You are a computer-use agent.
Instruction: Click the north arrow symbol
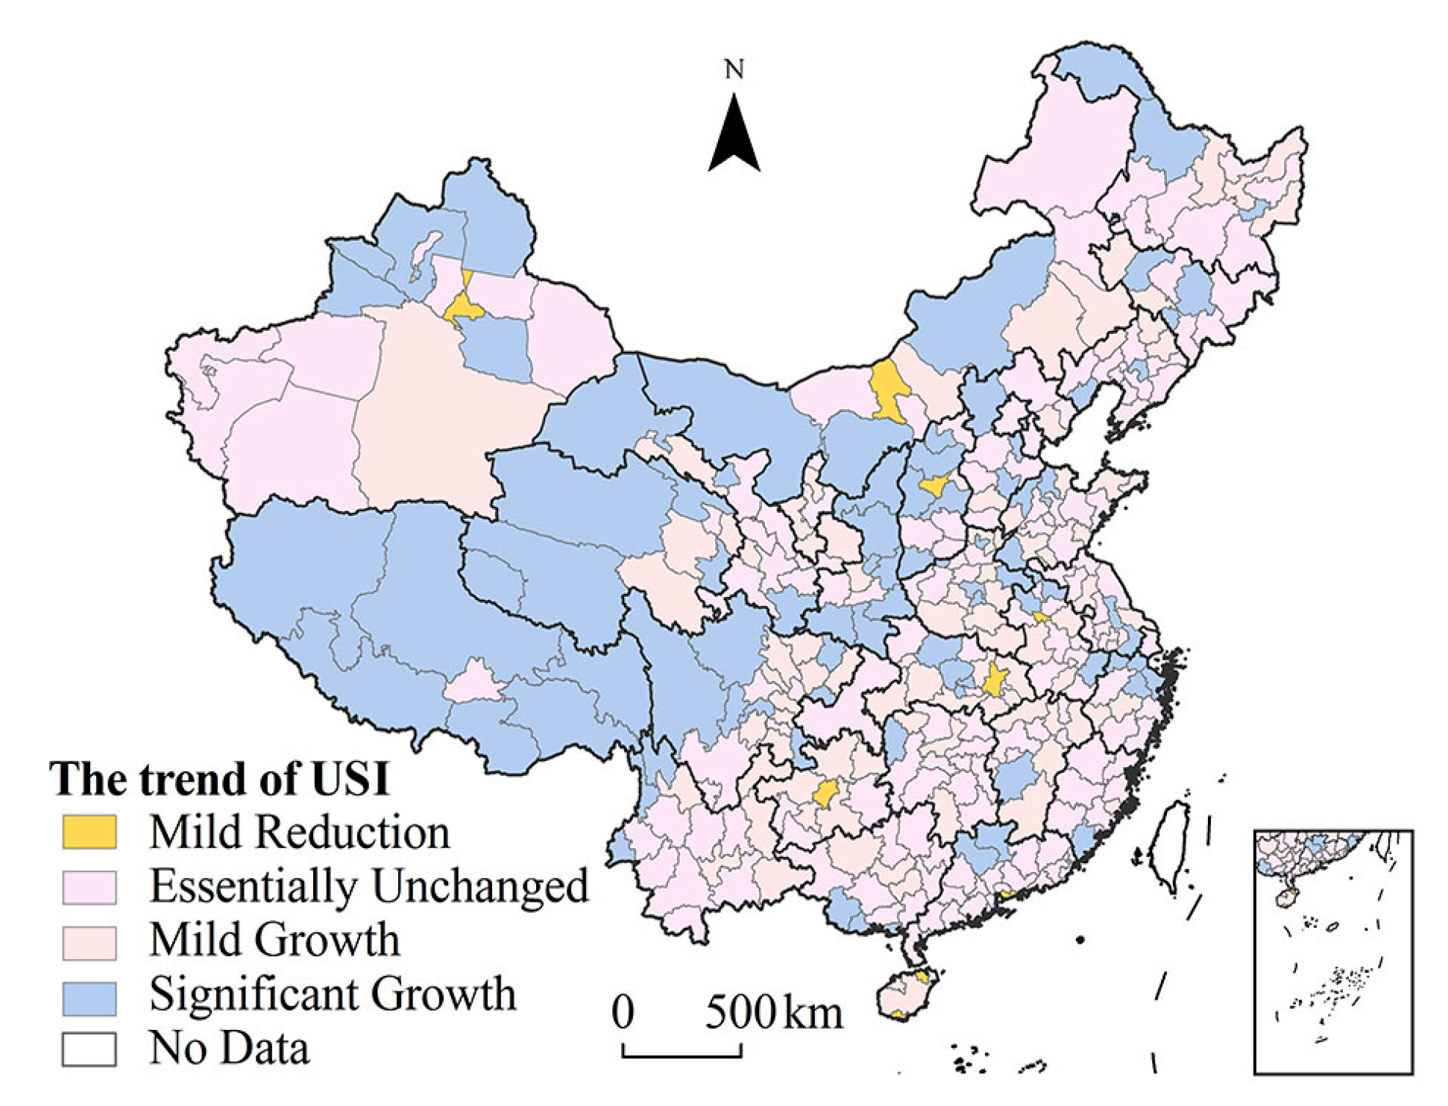(734, 134)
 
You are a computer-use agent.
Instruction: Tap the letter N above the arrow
(734, 69)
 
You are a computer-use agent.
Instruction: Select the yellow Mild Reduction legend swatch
(89, 832)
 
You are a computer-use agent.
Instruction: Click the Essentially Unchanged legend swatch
(89, 887)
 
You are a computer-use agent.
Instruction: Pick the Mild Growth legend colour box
(89, 942)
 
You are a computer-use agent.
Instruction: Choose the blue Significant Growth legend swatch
(89, 997)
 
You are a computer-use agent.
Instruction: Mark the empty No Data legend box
(89, 1049)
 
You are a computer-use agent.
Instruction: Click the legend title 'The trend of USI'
(219, 780)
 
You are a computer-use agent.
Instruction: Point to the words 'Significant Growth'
(333, 994)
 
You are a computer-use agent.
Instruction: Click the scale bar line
(681, 1055)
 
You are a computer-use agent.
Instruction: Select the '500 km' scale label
(774, 1013)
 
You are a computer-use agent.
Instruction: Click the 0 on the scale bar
(623, 1013)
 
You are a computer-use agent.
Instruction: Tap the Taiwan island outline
(1171, 846)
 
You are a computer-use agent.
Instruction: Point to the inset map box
(1332, 952)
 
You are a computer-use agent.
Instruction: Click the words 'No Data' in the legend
(229, 1048)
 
